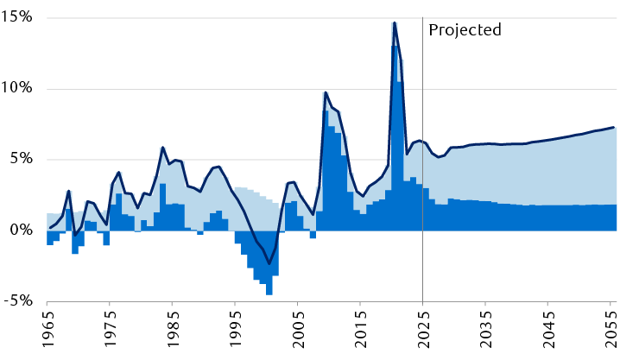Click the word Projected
point(465,29)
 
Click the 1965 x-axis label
point(47,332)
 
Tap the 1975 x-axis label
point(110,332)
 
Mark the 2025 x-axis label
point(422,332)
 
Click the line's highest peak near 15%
point(395,23)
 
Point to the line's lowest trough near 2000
point(269,263)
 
